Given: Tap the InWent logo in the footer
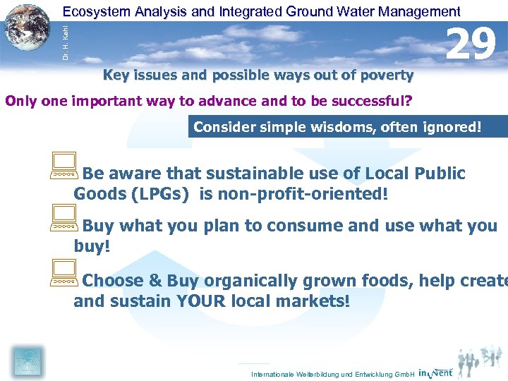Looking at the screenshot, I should pos(435,373).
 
